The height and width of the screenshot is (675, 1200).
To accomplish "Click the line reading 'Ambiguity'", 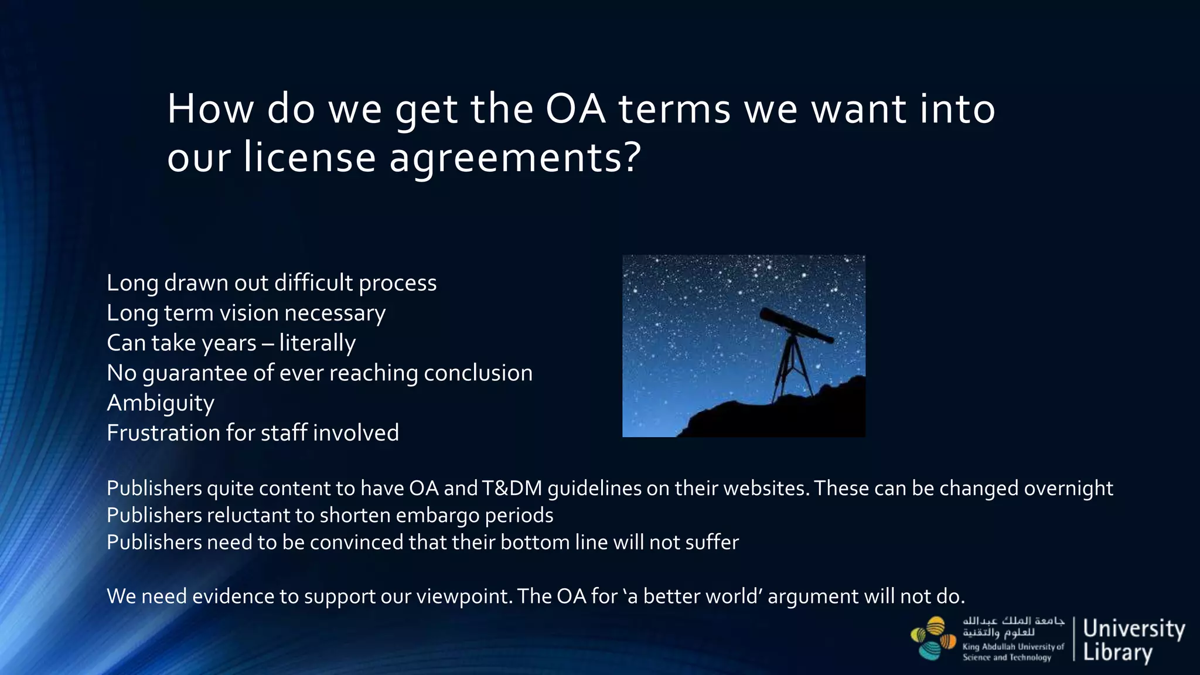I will coord(161,403).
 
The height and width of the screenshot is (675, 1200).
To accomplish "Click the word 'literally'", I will coord(317,343).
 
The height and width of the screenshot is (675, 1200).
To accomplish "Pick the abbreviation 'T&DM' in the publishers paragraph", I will coord(512,488).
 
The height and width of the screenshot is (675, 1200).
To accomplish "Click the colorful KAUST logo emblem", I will coord(933,638).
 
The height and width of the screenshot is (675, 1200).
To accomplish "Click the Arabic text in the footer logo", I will coord(1012,626).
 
